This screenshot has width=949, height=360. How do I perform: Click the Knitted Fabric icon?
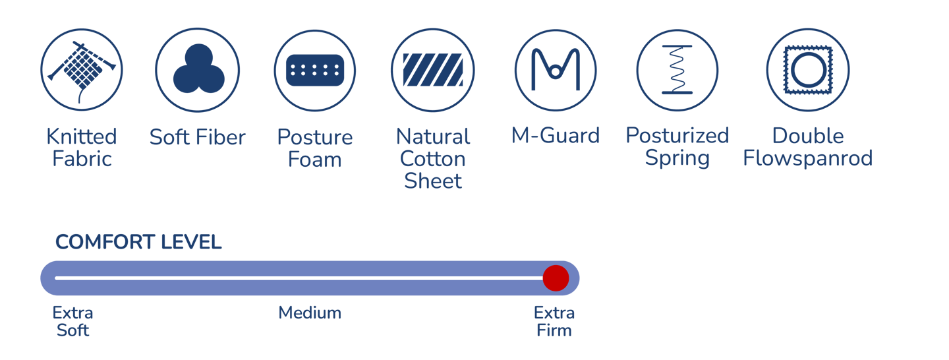(x=82, y=70)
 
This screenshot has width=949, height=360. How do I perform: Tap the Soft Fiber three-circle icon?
(x=198, y=70)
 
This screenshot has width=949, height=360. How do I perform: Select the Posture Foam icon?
(x=315, y=70)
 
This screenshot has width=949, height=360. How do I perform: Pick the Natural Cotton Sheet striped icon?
(x=433, y=70)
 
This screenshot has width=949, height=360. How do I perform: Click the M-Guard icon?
(x=556, y=70)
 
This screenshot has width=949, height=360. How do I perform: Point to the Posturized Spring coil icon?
(x=677, y=70)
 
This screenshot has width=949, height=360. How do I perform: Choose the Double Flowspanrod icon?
(x=807, y=70)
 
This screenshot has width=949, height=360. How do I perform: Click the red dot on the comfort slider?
(x=556, y=278)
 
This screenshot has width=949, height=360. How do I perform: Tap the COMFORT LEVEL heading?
(x=138, y=243)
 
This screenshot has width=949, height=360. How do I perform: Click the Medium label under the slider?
(x=310, y=313)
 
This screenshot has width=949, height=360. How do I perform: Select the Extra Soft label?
(x=72, y=321)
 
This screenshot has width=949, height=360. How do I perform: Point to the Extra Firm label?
(x=554, y=321)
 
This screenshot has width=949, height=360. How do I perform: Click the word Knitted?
(x=82, y=137)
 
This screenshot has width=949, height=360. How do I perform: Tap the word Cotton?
(x=433, y=159)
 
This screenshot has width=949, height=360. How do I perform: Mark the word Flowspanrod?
(x=807, y=158)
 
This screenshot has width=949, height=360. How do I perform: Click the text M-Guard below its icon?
(x=556, y=136)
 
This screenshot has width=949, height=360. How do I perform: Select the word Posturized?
(x=677, y=136)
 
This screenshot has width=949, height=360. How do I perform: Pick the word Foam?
(x=315, y=160)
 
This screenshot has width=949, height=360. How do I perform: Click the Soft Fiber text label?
(x=198, y=137)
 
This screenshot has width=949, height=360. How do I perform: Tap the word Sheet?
(x=433, y=181)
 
